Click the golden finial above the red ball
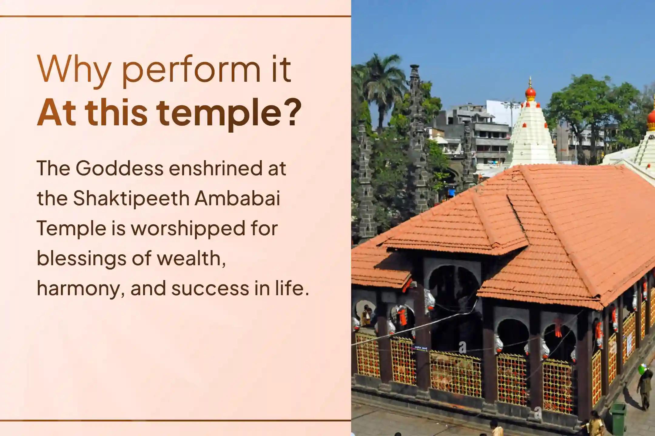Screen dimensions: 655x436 pos(530,82)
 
